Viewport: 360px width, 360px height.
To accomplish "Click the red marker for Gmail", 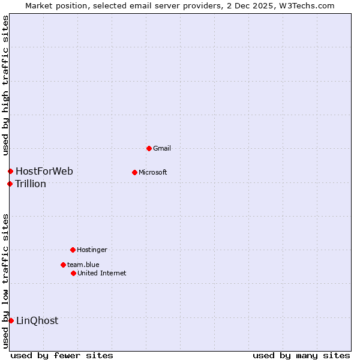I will (149, 148).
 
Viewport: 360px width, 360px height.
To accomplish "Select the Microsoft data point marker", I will (134, 173).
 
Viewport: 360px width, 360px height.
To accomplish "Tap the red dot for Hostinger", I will (73, 250).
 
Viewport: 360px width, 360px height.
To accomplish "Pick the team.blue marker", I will (63, 265).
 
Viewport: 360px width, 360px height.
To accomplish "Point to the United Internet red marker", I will (73, 273).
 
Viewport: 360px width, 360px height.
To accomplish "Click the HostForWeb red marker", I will (10, 172).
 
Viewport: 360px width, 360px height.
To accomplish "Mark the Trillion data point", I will (10, 184).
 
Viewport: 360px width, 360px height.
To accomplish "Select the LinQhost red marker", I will (11, 320).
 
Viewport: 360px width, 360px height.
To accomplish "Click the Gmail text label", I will (162, 148).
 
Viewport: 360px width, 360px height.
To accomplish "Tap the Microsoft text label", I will (152, 173).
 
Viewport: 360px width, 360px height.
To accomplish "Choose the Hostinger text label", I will (92, 250).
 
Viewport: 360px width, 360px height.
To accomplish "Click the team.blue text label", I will (83, 265).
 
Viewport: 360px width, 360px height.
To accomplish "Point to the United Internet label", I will (101, 273).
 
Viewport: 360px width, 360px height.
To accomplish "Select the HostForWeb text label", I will (44, 172).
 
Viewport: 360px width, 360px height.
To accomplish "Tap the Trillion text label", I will (31, 184).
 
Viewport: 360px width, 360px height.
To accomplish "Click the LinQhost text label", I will (37, 320).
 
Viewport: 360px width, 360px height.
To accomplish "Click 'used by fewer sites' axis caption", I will (62, 355).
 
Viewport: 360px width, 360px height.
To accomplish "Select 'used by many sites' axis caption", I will (301, 355).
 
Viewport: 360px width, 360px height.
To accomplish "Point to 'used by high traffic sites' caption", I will (5, 86).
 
